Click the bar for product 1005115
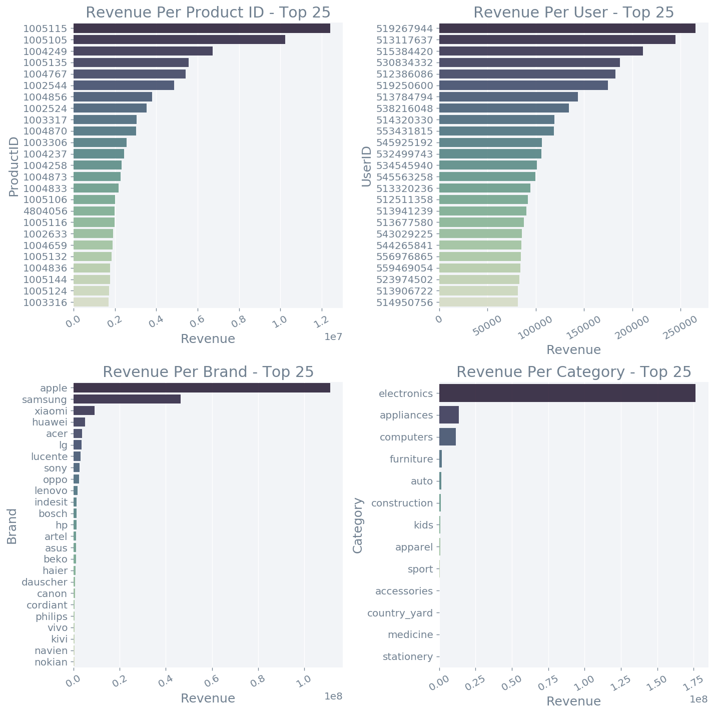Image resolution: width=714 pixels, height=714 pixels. (202, 28)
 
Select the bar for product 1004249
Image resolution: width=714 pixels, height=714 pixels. (143, 51)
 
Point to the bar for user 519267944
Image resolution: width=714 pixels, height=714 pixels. (567, 28)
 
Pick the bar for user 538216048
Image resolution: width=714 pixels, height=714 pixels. (504, 108)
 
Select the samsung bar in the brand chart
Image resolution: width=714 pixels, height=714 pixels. (127, 399)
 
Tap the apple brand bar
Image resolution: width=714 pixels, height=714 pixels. (202, 387)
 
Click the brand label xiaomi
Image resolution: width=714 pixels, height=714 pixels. (51, 410)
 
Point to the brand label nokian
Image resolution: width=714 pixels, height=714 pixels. (51, 662)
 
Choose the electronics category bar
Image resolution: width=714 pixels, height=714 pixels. (567, 393)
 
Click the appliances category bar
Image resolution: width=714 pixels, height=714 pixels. (449, 415)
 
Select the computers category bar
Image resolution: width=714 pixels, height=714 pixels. (447, 437)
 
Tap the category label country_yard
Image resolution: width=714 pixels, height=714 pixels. (400, 613)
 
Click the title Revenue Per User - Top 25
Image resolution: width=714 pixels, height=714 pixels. (574, 12)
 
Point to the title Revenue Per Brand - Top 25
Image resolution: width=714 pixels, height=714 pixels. (208, 372)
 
